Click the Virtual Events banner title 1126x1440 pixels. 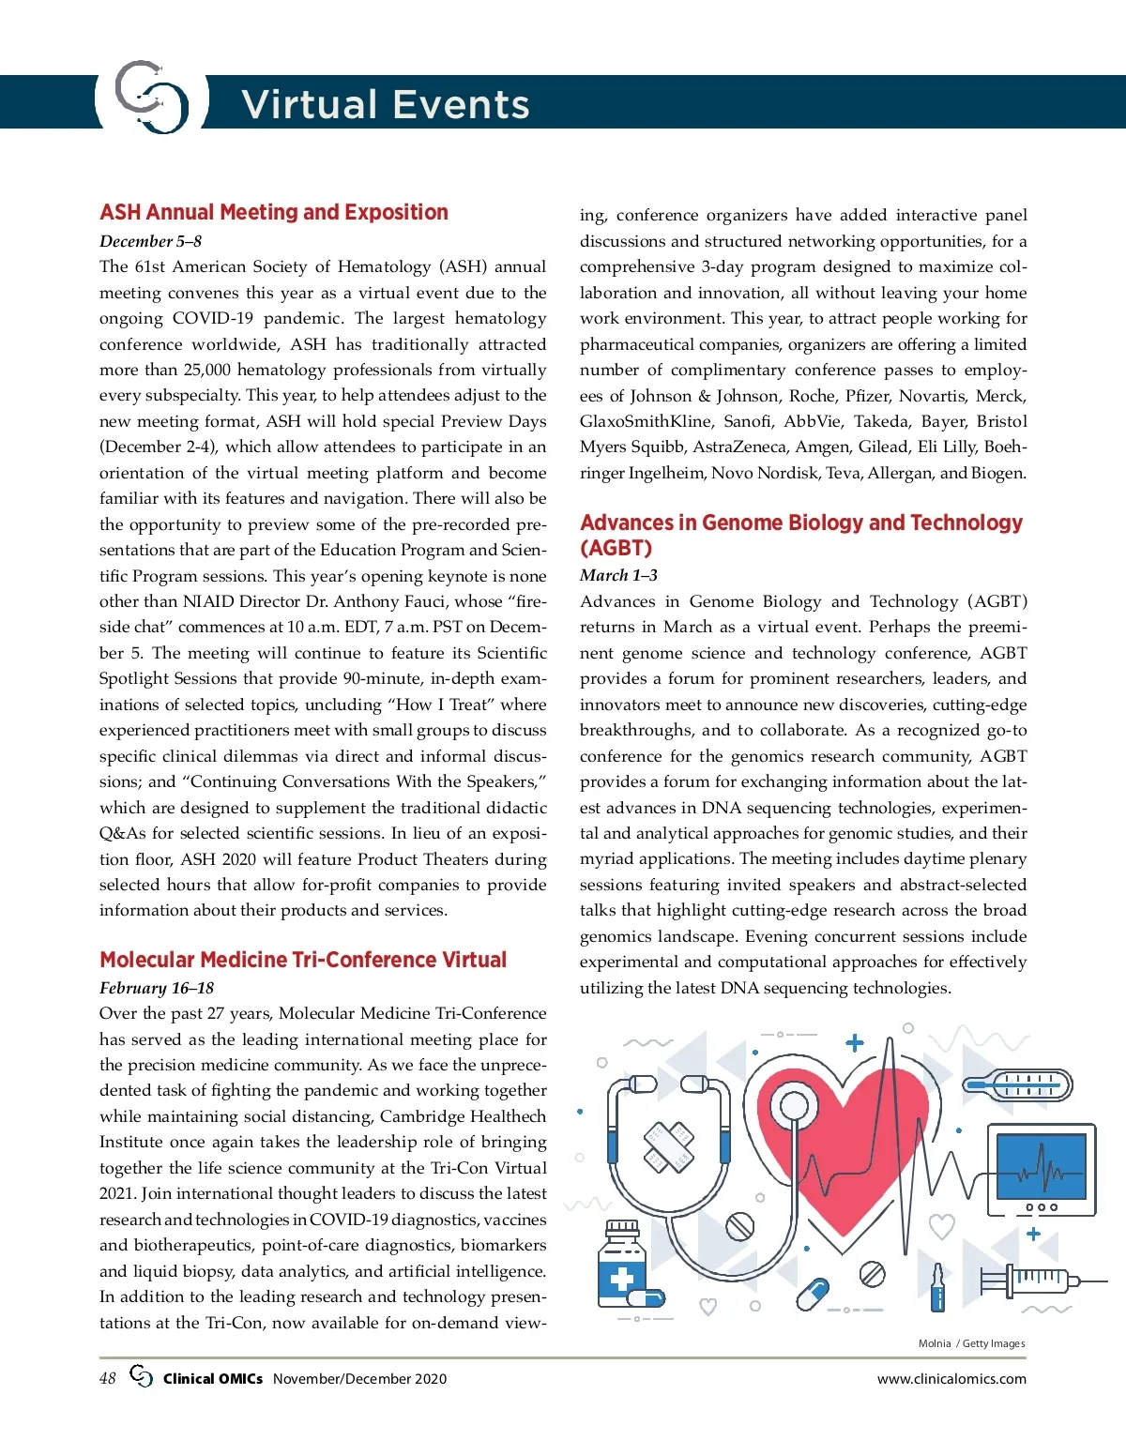[x=385, y=104]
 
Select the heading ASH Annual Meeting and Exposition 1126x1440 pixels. [x=274, y=212]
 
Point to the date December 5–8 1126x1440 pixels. [x=150, y=241]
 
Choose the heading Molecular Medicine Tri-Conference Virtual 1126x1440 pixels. [x=303, y=960]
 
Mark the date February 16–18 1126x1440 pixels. [x=157, y=988]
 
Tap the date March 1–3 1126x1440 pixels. [x=618, y=575]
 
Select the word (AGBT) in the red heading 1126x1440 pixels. [x=616, y=548]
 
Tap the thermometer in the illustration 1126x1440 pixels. [x=1018, y=1086]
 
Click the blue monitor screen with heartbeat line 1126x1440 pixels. [x=1041, y=1166]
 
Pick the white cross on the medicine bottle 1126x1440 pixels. [x=621, y=1279]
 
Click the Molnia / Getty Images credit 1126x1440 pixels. [x=971, y=1343]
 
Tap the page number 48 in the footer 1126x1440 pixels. [x=108, y=1378]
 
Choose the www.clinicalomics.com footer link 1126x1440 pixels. [x=951, y=1379]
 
